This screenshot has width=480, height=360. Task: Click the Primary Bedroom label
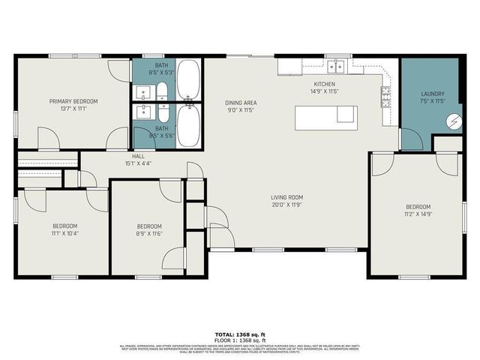[x=73, y=101]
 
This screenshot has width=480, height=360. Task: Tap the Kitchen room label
[x=324, y=84]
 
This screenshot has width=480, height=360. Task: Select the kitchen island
[x=325, y=114]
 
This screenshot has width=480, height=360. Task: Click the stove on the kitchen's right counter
[x=385, y=96]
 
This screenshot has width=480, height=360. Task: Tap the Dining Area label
[x=241, y=102]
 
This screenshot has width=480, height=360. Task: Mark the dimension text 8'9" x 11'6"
[x=149, y=234]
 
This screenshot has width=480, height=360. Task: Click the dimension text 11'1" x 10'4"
[x=64, y=233]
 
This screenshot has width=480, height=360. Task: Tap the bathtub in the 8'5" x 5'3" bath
[x=187, y=79]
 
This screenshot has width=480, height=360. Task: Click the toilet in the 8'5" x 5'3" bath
[x=162, y=93]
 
